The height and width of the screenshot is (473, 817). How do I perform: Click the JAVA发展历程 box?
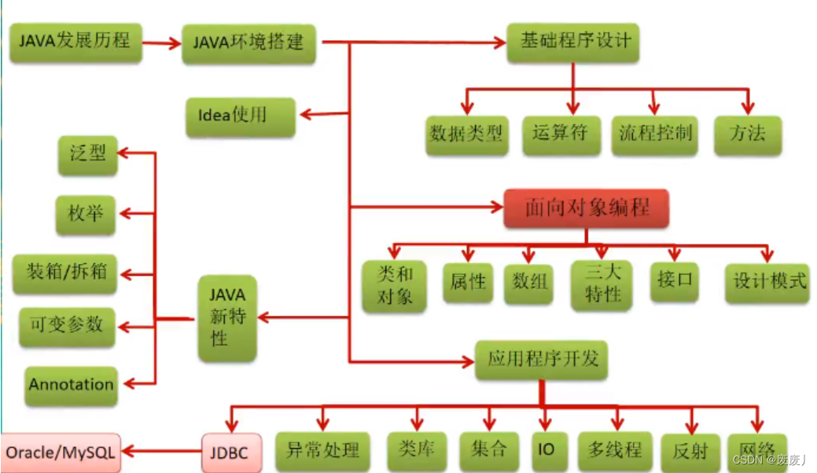[75, 42]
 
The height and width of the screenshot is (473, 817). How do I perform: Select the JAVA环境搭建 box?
[248, 42]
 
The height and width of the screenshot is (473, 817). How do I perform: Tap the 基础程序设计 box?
[573, 41]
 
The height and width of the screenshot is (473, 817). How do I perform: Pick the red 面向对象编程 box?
[587, 208]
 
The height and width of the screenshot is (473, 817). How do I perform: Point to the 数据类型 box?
[466, 134]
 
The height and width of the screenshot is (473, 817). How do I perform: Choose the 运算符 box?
[561, 134]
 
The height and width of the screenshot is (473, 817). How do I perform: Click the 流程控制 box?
[654, 134]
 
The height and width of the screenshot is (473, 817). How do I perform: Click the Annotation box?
[71, 385]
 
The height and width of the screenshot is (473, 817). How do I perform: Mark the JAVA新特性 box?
[228, 317]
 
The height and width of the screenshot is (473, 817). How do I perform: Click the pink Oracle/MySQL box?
[61, 453]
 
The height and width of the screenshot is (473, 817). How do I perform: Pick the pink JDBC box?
[230, 453]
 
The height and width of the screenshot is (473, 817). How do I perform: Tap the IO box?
[546, 451]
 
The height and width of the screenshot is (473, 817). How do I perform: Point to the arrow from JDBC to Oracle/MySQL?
[161, 453]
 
